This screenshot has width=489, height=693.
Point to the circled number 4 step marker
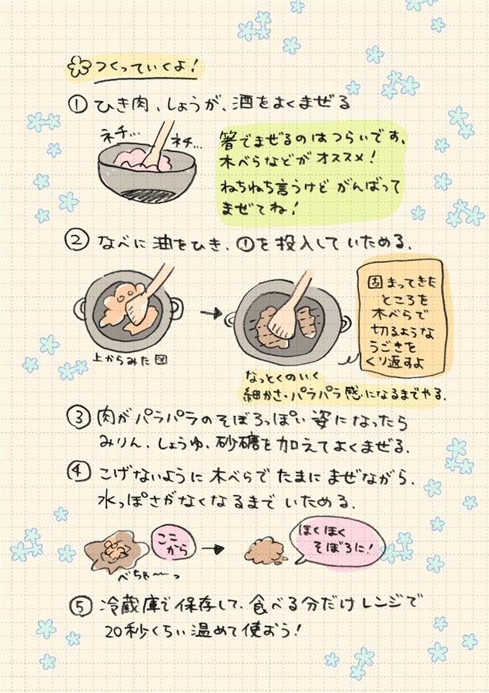point(79,472)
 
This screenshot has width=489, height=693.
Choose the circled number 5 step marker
point(82,607)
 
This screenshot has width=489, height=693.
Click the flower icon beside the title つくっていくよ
point(79,67)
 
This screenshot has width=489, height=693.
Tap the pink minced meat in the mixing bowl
point(142,159)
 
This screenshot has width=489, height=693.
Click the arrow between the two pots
point(211,313)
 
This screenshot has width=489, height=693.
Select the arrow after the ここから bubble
point(213,549)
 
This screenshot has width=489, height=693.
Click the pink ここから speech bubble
point(173,544)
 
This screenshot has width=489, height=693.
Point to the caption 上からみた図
point(130,360)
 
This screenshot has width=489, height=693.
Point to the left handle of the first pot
point(80,309)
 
